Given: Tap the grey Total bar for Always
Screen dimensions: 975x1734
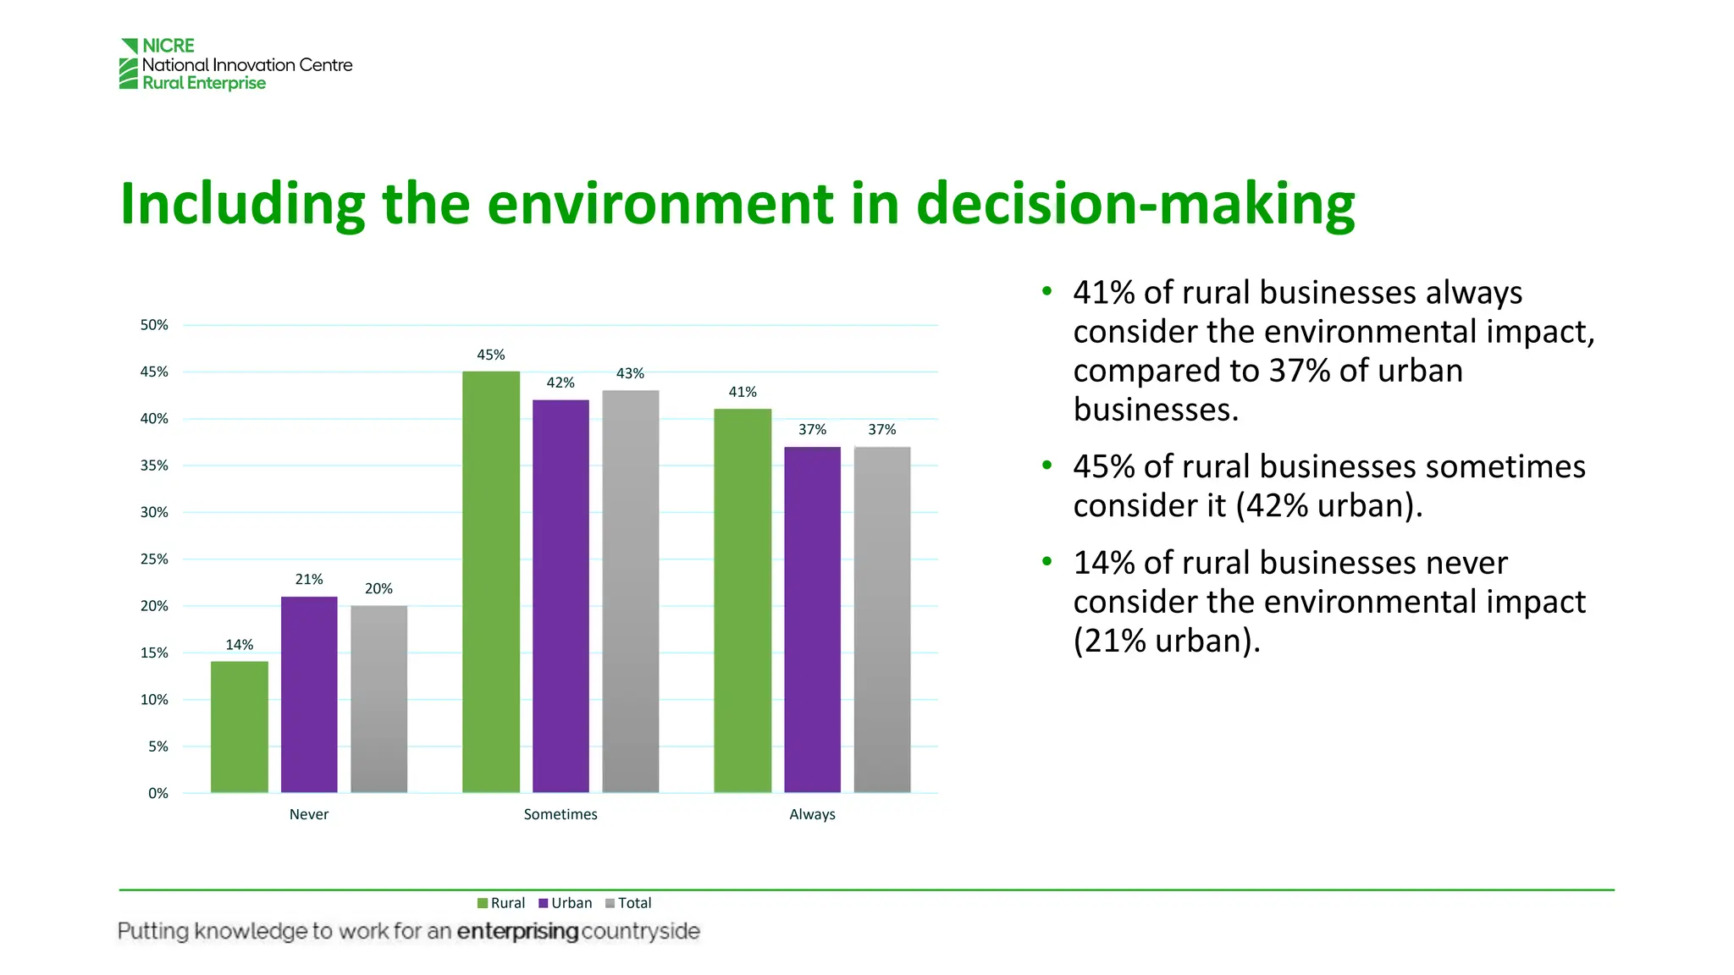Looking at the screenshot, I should click(881, 619).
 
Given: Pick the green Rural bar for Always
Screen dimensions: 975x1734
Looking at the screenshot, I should click(743, 600).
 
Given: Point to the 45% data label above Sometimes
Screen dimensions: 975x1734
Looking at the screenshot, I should click(490, 355).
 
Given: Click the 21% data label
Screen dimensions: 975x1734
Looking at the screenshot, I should click(309, 579).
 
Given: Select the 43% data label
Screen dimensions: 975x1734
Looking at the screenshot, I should click(630, 373).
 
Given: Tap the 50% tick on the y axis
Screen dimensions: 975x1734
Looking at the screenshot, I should click(154, 325).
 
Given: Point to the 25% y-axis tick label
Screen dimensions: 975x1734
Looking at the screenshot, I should click(154, 559).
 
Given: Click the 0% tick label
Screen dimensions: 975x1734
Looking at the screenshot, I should click(158, 793).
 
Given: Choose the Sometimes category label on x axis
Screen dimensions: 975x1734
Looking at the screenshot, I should click(560, 814).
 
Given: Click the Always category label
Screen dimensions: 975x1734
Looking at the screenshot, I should click(812, 814).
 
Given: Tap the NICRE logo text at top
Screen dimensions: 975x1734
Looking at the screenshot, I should click(168, 46).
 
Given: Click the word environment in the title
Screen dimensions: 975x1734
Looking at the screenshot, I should click(660, 204).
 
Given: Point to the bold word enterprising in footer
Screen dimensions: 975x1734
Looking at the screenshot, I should click(517, 931).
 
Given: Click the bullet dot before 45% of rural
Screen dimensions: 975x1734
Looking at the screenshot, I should click(1047, 465).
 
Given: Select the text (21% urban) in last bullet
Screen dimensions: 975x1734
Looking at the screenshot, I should click(1166, 641).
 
